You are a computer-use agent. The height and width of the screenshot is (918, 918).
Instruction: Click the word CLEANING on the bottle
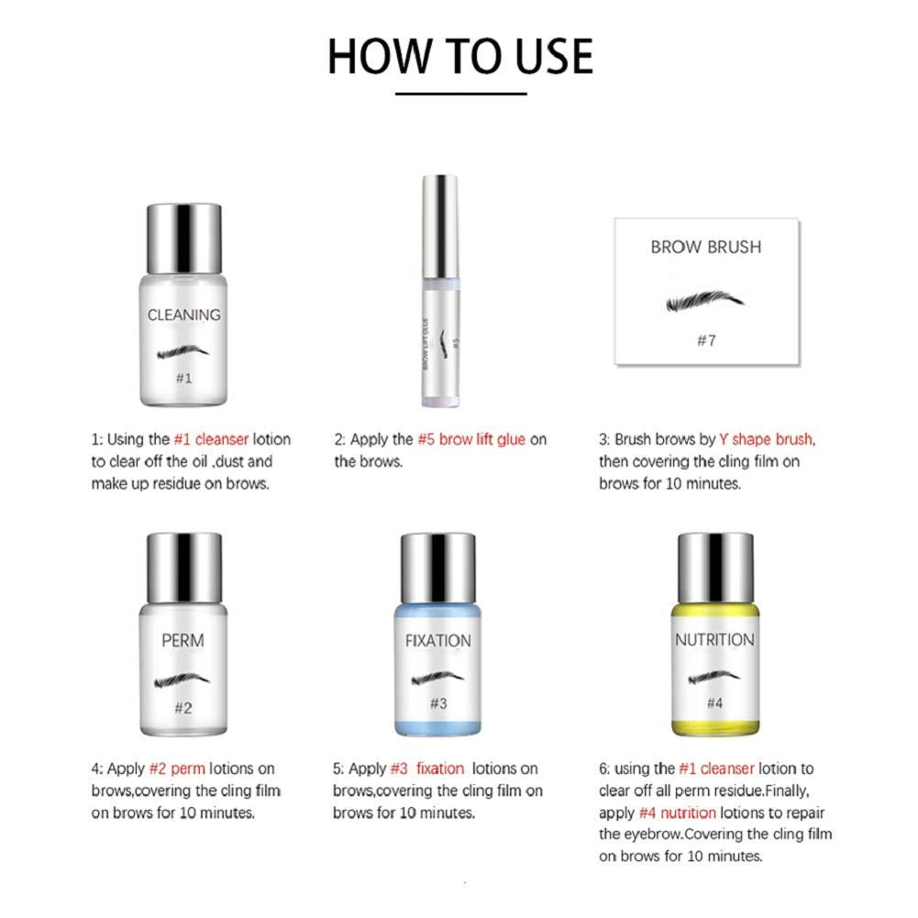click(184, 315)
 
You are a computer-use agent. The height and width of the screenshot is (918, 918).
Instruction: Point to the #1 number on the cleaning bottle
click(184, 378)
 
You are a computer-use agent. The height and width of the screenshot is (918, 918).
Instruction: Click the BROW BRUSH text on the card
click(705, 247)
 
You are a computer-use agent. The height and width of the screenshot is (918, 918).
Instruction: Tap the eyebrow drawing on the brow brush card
click(704, 302)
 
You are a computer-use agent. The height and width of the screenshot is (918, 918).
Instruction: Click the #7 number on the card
click(704, 340)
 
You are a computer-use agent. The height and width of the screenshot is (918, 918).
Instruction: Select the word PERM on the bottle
click(182, 640)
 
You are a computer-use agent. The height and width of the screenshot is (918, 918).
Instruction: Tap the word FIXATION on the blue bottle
click(437, 640)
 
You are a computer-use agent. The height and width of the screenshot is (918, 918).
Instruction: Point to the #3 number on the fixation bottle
click(437, 704)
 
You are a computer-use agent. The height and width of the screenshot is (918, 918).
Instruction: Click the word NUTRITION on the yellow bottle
click(714, 640)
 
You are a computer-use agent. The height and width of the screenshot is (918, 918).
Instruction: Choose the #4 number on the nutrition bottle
click(714, 704)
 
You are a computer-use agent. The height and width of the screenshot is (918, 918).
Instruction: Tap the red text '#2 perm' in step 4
click(180, 769)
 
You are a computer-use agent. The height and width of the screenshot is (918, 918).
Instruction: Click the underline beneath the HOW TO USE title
click(461, 94)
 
